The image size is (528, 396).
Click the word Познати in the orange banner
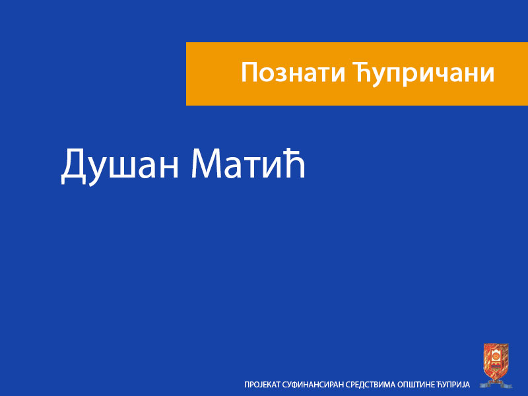click(291, 73)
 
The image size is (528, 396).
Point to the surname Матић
click(249, 165)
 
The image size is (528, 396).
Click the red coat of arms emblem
click(496, 360)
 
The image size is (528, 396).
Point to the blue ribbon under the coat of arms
click(496, 382)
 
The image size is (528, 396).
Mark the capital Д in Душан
click(74, 166)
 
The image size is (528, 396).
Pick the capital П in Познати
click(249, 73)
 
